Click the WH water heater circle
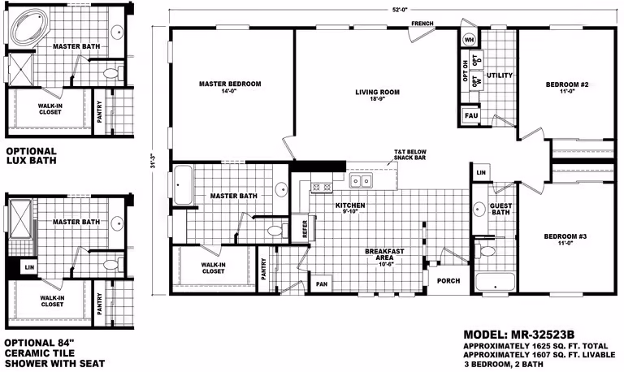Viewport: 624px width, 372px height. pyautogui.click(x=470, y=40)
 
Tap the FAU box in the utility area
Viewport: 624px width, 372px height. pyautogui.click(x=471, y=116)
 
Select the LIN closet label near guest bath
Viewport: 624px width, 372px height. pyautogui.click(x=481, y=173)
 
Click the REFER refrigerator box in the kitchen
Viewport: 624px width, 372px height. pyautogui.click(x=305, y=229)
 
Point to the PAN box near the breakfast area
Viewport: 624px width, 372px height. pyautogui.click(x=322, y=284)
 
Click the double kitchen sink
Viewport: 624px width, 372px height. pyautogui.click(x=360, y=181)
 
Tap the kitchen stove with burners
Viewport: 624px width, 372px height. pyautogui.click(x=321, y=187)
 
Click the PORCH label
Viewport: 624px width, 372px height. pyautogui.click(x=448, y=280)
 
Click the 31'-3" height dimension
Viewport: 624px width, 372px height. pyautogui.click(x=153, y=160)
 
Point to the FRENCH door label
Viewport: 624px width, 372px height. pyautogui.click(x=422, y=24)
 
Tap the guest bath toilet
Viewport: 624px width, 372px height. pyautogui.click(x=487, y=251)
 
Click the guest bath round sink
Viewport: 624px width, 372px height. pyautogui.click(x=479, y=208)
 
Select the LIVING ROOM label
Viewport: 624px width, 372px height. pyautogui.click(x=377, y=93)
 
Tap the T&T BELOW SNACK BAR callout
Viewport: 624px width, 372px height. pyautogui.click(x=409, y=155)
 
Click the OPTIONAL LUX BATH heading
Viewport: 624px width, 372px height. pyautogui.click(x=31, y=156)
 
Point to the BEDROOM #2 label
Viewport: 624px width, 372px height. pyautogui.click(x=566, y=84)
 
